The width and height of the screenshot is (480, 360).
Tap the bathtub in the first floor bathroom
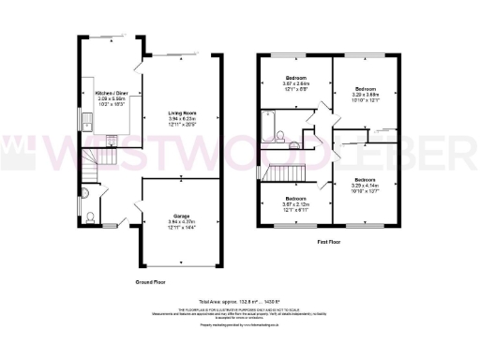click(271, 132)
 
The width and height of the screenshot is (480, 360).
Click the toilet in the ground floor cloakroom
click(87, 217)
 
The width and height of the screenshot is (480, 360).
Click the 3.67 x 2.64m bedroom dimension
click(295, 82)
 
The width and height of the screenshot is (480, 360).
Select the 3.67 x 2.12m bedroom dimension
click(295, 203)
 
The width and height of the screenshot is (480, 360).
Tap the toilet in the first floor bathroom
click(293, 145)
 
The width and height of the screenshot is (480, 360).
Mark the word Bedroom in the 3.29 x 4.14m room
click(364, 178)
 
